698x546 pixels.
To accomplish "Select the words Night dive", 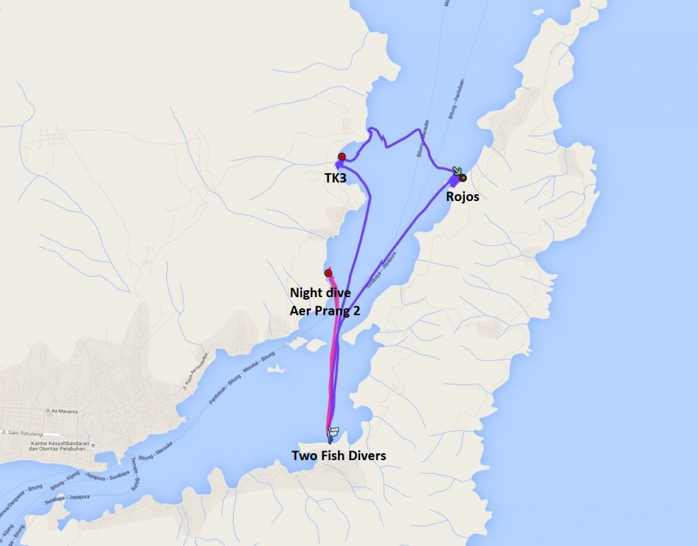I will click(x=320, y=293).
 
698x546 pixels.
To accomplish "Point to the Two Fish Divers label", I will click(x=339, y=455).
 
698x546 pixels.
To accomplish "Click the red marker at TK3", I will click(x=342, y=157).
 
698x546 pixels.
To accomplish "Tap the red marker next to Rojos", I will click(x=464, y=178).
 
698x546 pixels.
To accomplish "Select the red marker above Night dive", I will click(x=328, y=273).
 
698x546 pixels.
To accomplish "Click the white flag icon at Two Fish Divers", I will click(x=333, y=431).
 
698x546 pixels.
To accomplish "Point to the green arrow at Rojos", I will click(x=456, y=172).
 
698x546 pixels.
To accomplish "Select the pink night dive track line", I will click(x=333, y=354).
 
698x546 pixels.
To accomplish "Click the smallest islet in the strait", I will click(x=275, y=369).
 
